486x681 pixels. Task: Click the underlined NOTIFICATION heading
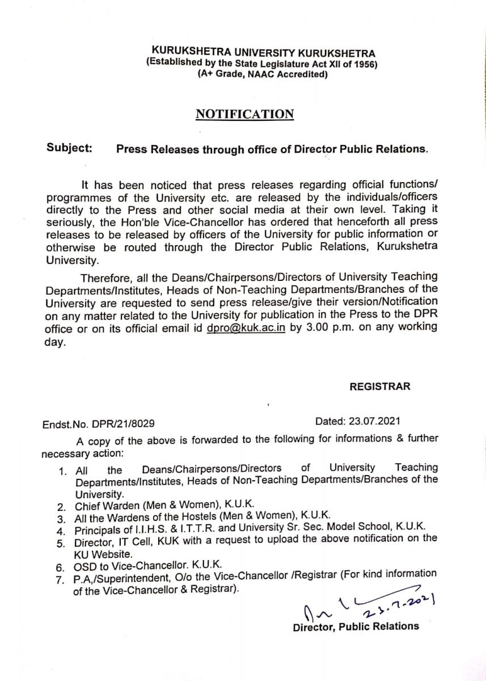coord(244,114)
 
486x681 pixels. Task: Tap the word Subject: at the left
coord(69,149)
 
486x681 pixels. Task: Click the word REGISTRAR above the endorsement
coord(379,387)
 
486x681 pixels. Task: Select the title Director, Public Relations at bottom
coord(356,627)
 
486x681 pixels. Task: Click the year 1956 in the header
coord(365,64)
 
